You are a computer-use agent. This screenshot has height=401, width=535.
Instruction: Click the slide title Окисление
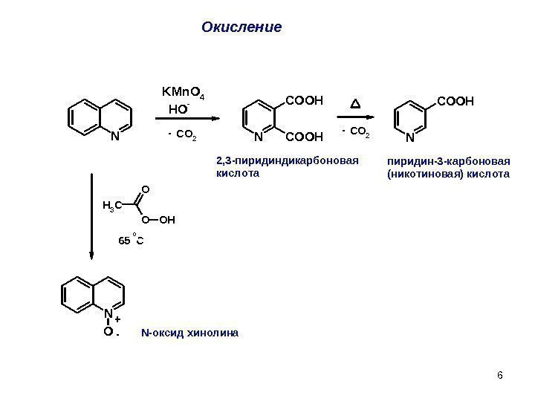(x=241, y=27)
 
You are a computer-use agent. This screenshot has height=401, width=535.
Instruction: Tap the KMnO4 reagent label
(x=183, y=93)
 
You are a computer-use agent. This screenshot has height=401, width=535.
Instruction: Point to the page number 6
(x=499, y=374)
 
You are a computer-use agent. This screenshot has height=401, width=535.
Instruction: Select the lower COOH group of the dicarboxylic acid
(x=305, y=137)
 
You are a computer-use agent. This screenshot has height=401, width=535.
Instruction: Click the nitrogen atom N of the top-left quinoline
(x=114, y=137)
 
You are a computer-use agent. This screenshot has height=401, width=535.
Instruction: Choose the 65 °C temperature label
(x=131, y=241)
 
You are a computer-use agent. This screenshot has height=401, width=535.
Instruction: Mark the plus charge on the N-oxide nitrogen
(x=118, y=317)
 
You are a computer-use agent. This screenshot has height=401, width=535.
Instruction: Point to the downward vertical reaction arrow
(x=91, y=215)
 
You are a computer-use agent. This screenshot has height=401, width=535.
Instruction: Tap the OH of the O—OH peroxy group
(x=168, y=219)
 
